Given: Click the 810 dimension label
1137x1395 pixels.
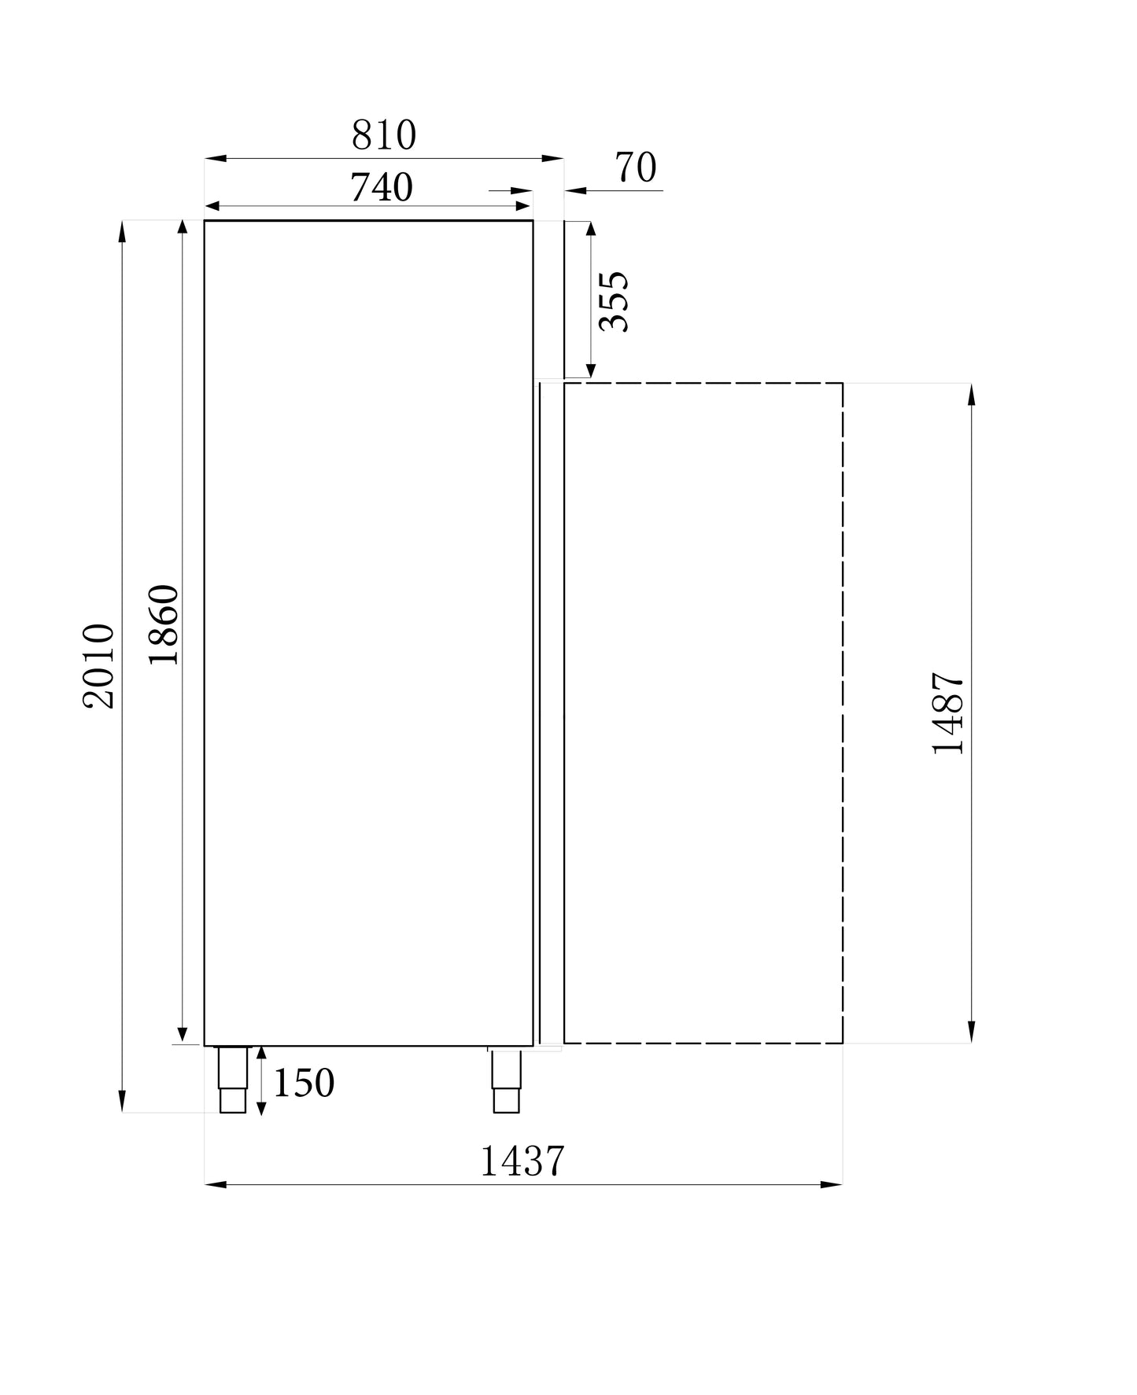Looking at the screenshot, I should click(383, 135).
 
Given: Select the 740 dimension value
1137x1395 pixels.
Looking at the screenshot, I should click(381, 187).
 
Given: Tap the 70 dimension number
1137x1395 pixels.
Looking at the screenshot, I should click(635, 167).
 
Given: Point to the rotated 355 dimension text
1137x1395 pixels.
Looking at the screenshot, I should click(614, 302).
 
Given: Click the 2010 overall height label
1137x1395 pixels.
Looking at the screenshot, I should click(100, 666).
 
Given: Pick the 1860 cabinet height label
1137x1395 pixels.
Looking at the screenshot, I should click(164, 624).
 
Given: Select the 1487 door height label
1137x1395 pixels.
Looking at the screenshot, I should click(947, 713).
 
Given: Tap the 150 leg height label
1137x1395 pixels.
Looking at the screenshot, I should click(304, 1084).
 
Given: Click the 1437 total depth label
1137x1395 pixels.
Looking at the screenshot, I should click(522, 1161).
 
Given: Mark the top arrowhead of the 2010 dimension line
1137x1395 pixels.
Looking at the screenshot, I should click(122, 232).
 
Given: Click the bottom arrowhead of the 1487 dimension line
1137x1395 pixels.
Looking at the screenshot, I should click(972, 1031).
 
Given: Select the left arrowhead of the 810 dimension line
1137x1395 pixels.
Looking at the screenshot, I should click(216, 159).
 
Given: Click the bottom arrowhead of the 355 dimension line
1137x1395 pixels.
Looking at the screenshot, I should click(591, 370).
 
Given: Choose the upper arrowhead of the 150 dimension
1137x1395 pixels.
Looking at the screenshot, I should click(261, 1054).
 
